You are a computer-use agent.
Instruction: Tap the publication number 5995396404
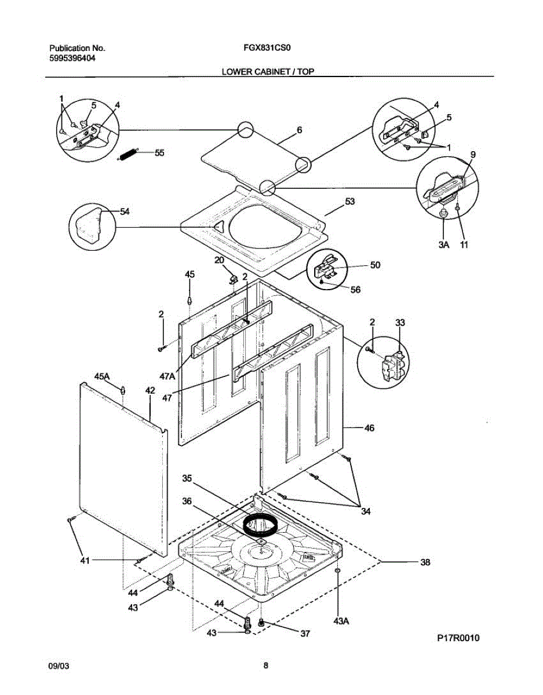(x=72, y=58)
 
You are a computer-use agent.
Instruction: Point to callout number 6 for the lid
(x=299, y=130)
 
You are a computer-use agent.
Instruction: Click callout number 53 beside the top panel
(x=349, y=202)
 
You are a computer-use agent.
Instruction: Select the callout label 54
(x=125, y=211)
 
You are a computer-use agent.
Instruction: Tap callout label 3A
(x=443, y=245)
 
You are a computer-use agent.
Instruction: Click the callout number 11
(x=464, y=245)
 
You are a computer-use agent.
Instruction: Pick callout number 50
(x=375, y=265)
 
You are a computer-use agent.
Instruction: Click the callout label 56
(x=355, y=290)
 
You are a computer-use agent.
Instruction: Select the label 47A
(x=167, y=376)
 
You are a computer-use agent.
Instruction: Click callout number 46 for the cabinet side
(x=369, y=428)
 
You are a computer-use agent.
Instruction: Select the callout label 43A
(x=342, y=620)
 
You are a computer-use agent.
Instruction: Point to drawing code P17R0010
(x=458, y=638)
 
